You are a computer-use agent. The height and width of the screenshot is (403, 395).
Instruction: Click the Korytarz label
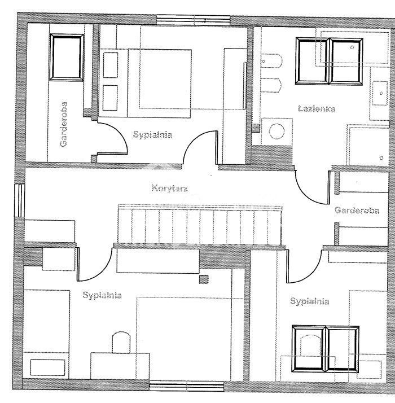169,187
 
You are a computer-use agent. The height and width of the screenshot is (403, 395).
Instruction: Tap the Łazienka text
316,108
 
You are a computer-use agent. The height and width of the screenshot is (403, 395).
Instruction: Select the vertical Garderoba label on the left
64,124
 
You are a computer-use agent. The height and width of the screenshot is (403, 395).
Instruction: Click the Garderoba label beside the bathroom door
357,210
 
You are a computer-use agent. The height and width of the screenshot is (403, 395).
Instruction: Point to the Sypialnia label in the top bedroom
152,134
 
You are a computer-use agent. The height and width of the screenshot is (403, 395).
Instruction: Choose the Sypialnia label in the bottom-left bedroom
102,295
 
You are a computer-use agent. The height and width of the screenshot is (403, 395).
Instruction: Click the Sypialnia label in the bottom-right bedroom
310,301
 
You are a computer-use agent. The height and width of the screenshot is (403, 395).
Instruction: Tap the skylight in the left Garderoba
67,58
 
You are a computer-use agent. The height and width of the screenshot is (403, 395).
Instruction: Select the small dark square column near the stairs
204,279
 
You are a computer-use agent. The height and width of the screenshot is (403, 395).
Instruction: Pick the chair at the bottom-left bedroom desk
121,342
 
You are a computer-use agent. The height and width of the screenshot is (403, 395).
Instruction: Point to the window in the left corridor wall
20,200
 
